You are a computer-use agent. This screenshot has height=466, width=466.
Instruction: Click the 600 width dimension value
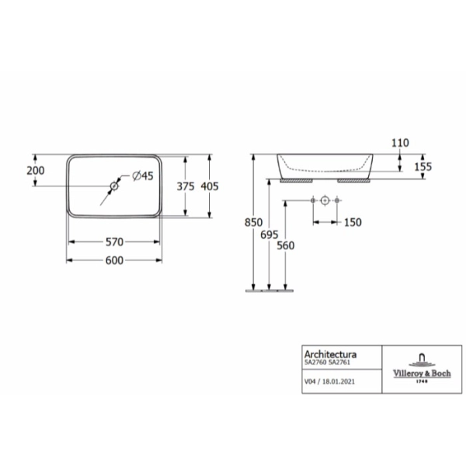click(x=114, y=260)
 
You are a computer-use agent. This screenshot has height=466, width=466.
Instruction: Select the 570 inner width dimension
click(x=114, y=242)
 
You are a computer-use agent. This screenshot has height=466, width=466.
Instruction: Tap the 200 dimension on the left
click(x=36, y=171)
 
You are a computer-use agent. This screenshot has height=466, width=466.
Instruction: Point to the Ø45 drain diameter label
click(x=143, y=176)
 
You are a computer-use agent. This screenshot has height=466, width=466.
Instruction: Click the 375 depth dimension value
click(x=186, y=186)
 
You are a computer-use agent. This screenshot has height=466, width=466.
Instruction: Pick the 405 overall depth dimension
click(x=210, y=186)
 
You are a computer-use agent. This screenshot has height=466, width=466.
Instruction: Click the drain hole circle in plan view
click(x=114, y=186)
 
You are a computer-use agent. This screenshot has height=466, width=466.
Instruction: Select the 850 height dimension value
click(x=253, y=222)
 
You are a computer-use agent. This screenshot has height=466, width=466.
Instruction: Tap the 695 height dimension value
click(x=270, y=235)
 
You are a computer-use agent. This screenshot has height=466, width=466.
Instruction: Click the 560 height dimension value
click(x=286, y=245)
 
